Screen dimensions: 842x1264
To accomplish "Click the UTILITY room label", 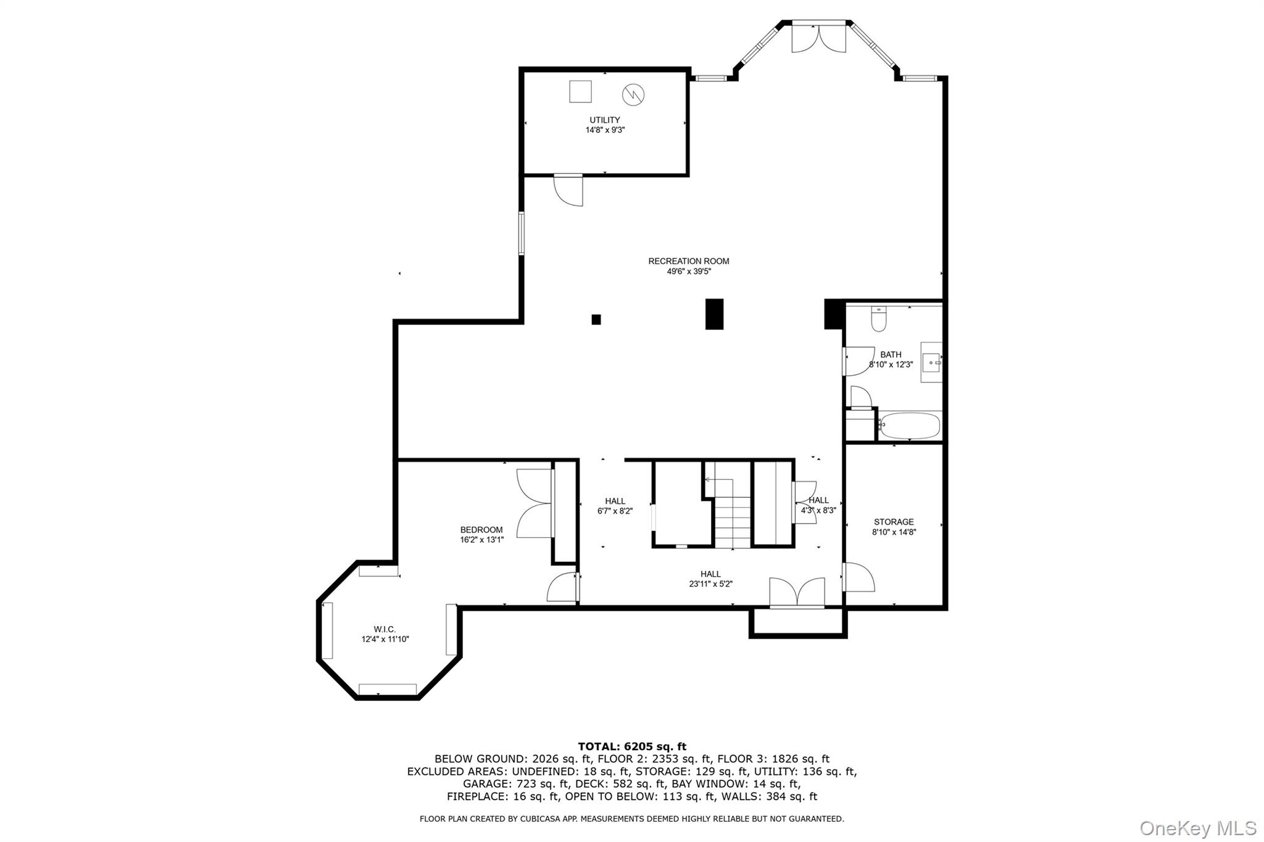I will [604, 120].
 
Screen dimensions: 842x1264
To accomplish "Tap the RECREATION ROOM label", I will [688, 262].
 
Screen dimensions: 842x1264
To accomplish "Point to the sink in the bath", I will [931, 362].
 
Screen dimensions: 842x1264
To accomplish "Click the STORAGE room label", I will [893, 522].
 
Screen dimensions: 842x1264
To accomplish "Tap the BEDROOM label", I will [481, 530].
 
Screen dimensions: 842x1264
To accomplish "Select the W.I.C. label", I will [385, 629].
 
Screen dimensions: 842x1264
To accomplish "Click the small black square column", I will [596, 320].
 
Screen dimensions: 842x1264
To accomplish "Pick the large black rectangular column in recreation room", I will [714, 314].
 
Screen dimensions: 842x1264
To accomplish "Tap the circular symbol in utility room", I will [633, 94].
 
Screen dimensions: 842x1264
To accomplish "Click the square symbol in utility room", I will [580, 92].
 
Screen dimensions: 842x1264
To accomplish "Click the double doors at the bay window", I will [818, 38].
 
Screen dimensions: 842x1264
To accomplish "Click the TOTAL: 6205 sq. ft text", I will [632, 746].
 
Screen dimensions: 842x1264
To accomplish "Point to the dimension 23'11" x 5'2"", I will [710, 584].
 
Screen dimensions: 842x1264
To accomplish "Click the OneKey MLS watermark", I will [1197, 827].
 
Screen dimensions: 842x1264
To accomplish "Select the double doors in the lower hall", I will [797, 593].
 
